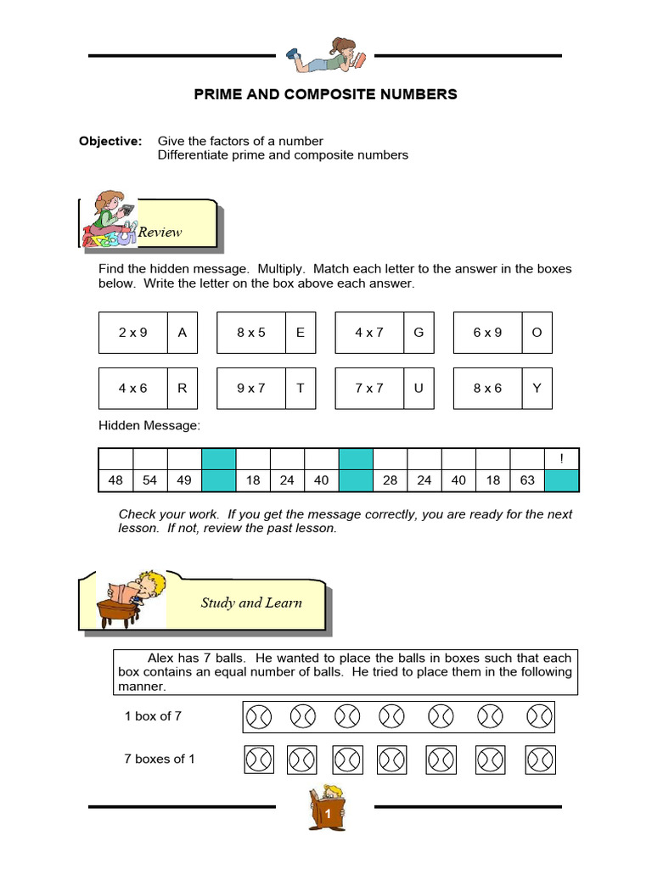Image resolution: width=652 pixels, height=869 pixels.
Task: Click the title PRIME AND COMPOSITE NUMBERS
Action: [x=325, y=94]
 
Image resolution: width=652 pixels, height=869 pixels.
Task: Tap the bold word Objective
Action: [x=110, y=141]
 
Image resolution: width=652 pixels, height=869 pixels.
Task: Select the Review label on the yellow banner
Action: [x=160, y=232]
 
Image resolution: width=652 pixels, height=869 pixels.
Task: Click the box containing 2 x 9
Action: [x=133, y=333]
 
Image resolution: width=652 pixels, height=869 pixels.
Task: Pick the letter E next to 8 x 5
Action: [x=300, y=333]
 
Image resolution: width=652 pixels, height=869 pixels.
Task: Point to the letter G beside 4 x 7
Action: [x=418, y=333]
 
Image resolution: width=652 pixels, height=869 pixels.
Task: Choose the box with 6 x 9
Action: [x=487, y=333]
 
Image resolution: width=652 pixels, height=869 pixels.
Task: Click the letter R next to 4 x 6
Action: [x=182, y=388]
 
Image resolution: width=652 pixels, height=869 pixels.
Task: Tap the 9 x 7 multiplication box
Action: [x=251, y=388]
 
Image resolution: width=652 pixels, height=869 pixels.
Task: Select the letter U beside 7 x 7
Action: [x=418, y=388]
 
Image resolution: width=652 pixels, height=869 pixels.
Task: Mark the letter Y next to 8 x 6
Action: [x=536, y=388]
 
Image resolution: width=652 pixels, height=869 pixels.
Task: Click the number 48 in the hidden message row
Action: [x=115, y=480]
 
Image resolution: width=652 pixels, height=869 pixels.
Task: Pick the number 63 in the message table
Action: [x=527, y=480]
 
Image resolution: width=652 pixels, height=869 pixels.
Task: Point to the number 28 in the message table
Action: [x=390, y=480]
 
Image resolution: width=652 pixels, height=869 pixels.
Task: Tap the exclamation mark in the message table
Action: [x=561, y=459]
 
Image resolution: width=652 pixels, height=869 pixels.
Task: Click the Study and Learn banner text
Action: [x=251, y=603]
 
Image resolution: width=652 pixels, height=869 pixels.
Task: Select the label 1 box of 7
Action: [x=153, y=715]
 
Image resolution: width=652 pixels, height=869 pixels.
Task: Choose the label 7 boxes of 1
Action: [x=160, y=759]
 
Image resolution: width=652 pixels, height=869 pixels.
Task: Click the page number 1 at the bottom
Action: [x=327, y=815]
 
